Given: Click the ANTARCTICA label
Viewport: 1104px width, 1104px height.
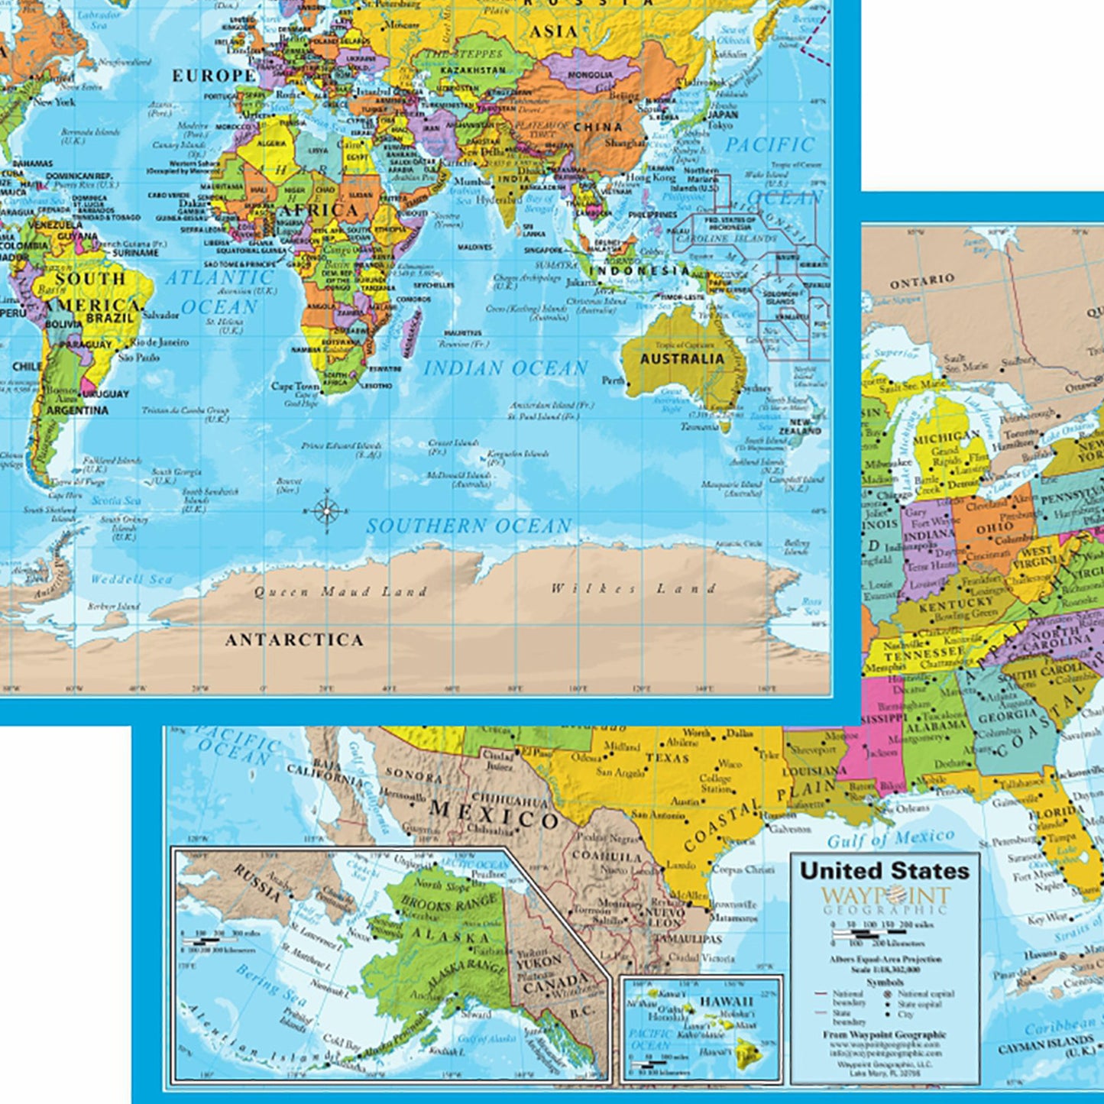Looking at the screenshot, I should pyautogui.click(x=294, y=639).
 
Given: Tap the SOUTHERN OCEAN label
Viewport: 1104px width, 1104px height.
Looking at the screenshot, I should pyautogui.click(x=468, y=526).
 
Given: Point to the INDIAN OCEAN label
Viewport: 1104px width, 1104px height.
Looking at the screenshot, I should pyautogui.click(x=506, y=368).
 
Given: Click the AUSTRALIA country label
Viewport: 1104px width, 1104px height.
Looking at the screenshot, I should pyautogui.click(x=682, y=358).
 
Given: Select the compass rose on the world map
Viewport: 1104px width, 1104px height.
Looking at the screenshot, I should pyautogui.click(x=326, y=510).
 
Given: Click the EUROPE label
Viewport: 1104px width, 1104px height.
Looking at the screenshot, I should pyautogui.click(x=213, y=76).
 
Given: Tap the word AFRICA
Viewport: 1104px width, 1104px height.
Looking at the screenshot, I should pyautogui.click(x=319, y=210).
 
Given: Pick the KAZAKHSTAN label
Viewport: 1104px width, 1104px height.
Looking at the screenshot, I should pyautogui.click(x=473, y=70).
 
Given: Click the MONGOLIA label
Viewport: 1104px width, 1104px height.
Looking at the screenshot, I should pyautogui.click(x=590, y=75).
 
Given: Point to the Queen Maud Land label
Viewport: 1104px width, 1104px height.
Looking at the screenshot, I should pyautogui.click(x=341, y=591).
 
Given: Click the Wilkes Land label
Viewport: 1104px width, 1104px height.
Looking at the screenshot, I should pyautogui.click(x=633, y=588).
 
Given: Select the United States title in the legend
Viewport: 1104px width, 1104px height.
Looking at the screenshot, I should pyautogui.click(x=884, y=870).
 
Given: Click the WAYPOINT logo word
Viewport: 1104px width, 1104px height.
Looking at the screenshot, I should pyautogui.click(x=885, y=895).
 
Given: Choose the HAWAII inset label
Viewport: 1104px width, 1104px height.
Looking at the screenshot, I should pyautogui.click(x=727, y=1002).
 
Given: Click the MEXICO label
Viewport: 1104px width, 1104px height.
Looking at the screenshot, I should pyautogui.click(x=494, y=814).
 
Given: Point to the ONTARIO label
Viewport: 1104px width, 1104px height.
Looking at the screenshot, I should pyautogui.click(x=922, y=281).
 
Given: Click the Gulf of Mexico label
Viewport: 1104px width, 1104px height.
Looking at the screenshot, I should pyautogui.click(x=891, y=839).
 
